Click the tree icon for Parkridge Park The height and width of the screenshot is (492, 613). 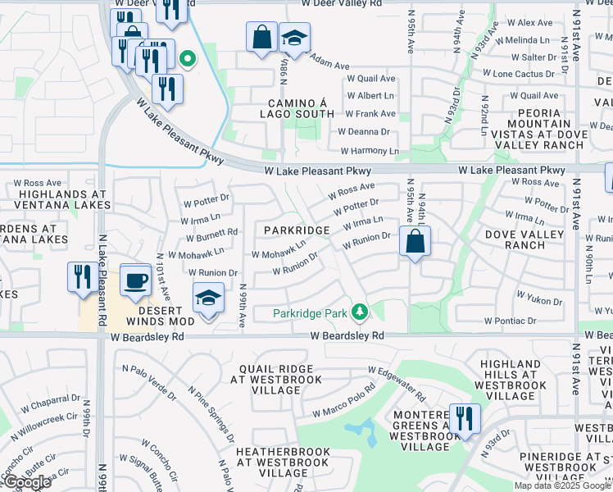coord(359,312)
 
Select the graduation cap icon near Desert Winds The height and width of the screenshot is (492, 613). coord(209,298)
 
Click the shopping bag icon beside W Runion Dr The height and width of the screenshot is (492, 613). coord(415,242)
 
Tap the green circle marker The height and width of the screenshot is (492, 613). coord(188,58)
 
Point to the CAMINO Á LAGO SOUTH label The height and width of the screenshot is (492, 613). coord(300,109)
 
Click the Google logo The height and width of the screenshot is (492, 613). coord(26,482)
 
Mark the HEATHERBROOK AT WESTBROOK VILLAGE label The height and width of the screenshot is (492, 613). coord(282,462)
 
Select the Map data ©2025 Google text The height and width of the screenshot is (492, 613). coord(562,485)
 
